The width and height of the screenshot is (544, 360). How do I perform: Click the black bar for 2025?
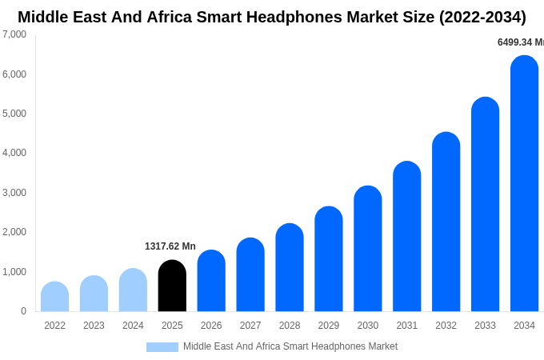point(172,286)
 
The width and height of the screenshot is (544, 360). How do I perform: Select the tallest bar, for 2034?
point(524,184)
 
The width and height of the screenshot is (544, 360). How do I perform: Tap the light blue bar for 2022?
point(54,297)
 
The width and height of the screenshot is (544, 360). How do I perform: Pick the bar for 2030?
point(368,249)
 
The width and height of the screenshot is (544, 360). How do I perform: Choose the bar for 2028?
point(290,267)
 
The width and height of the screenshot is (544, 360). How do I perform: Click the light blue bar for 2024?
point(133,290)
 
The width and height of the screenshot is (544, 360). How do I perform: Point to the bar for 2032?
point(446,222)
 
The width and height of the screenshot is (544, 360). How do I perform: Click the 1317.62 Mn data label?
point(170,246)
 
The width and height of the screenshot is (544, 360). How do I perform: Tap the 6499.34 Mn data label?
point(520,42)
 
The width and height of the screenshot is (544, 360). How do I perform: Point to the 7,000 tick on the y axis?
point(14,34)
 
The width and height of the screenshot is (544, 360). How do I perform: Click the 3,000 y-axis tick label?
point(14,193)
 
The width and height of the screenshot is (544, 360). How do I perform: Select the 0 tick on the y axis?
point(23,311)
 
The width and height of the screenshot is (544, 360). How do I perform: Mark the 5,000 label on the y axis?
point(14,114)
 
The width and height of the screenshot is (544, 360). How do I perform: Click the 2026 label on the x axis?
point(211,326)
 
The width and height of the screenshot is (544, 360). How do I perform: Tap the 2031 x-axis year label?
point(406,326)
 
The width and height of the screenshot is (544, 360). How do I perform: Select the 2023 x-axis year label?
point(94,326)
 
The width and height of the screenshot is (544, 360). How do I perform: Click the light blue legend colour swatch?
point(162,347)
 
